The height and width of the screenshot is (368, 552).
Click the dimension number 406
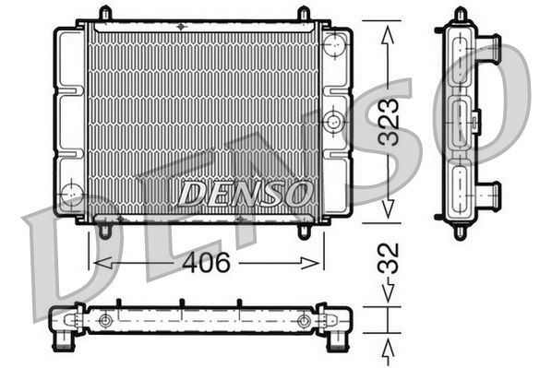tap(204, 263)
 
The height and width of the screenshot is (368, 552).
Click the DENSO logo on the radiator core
tap(245, 194)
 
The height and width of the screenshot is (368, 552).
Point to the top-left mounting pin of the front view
tap(105, 14)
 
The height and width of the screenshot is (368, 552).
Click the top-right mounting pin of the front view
tap(304, 14)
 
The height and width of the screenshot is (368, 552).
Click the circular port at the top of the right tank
tap(334, 43)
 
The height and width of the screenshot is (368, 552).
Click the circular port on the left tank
tap(71, 194)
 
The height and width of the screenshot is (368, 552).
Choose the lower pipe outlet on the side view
tap(490, 195)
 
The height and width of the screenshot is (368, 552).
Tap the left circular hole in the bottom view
tap(105, 321)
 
